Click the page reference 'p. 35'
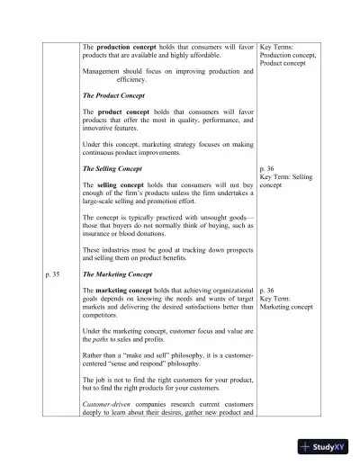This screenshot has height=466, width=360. tap(51, 273)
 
